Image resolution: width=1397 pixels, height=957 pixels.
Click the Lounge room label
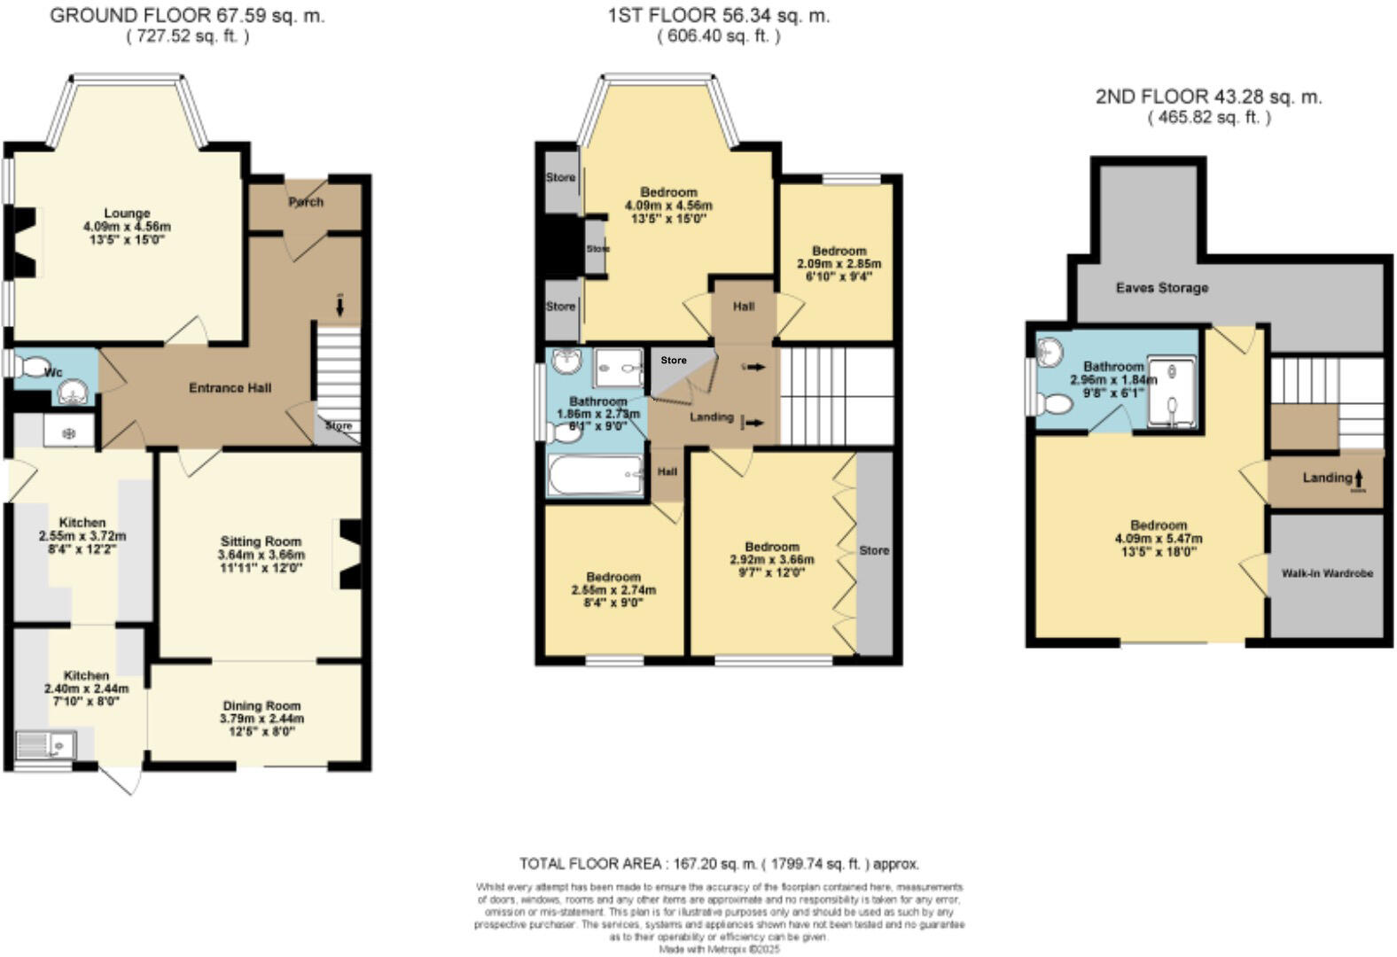coord(127,214)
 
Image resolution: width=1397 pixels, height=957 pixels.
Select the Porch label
coord(306,202)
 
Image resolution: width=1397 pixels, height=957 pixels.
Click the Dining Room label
coord(261,706)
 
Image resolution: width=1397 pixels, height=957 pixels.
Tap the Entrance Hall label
coord(230,388)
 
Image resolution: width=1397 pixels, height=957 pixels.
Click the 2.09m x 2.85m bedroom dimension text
coord(839,264)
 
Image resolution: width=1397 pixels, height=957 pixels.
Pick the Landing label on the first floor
coord(712,417)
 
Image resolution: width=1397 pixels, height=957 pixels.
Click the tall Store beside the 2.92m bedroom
coord(874,551)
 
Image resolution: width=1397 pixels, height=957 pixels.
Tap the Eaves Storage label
coord(1161,288)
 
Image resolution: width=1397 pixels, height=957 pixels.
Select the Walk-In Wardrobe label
coord(1327,573)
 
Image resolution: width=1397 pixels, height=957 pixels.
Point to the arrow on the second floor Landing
coord(1359,479)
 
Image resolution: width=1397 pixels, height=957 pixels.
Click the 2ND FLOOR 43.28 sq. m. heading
coord(1208,97)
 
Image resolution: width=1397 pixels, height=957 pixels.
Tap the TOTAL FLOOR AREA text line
coord(719,863)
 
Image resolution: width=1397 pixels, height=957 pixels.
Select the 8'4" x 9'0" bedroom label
coord(613,603)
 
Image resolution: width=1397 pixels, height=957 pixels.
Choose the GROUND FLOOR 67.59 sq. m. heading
coord(187,15)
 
